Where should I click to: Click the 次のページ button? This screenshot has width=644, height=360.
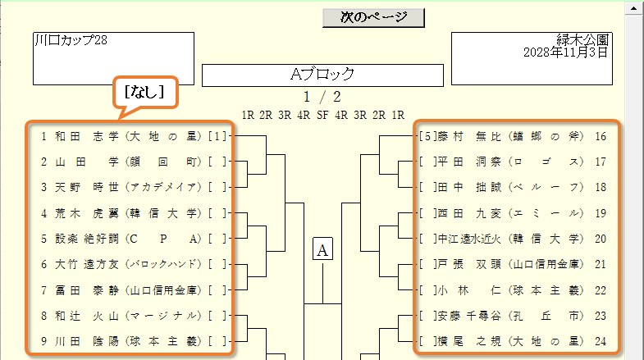(373, 17)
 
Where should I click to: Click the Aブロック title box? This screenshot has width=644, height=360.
(322, 75)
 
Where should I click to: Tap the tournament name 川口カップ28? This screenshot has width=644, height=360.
(71, 40)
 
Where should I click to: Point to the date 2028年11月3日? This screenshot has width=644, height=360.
(565, 52)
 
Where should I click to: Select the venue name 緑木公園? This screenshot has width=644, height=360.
(582, 40)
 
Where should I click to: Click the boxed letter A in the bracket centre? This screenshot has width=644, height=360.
(322, 248)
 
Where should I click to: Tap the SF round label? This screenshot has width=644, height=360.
(322, 116)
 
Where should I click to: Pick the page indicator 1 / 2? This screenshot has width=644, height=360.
(322, 98)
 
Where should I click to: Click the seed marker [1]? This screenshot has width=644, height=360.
(217, 136)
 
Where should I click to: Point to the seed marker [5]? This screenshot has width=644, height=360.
(427, 136)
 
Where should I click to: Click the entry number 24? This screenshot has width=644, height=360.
(601, 341)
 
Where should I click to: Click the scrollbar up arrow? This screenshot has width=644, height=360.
(633, 9)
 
